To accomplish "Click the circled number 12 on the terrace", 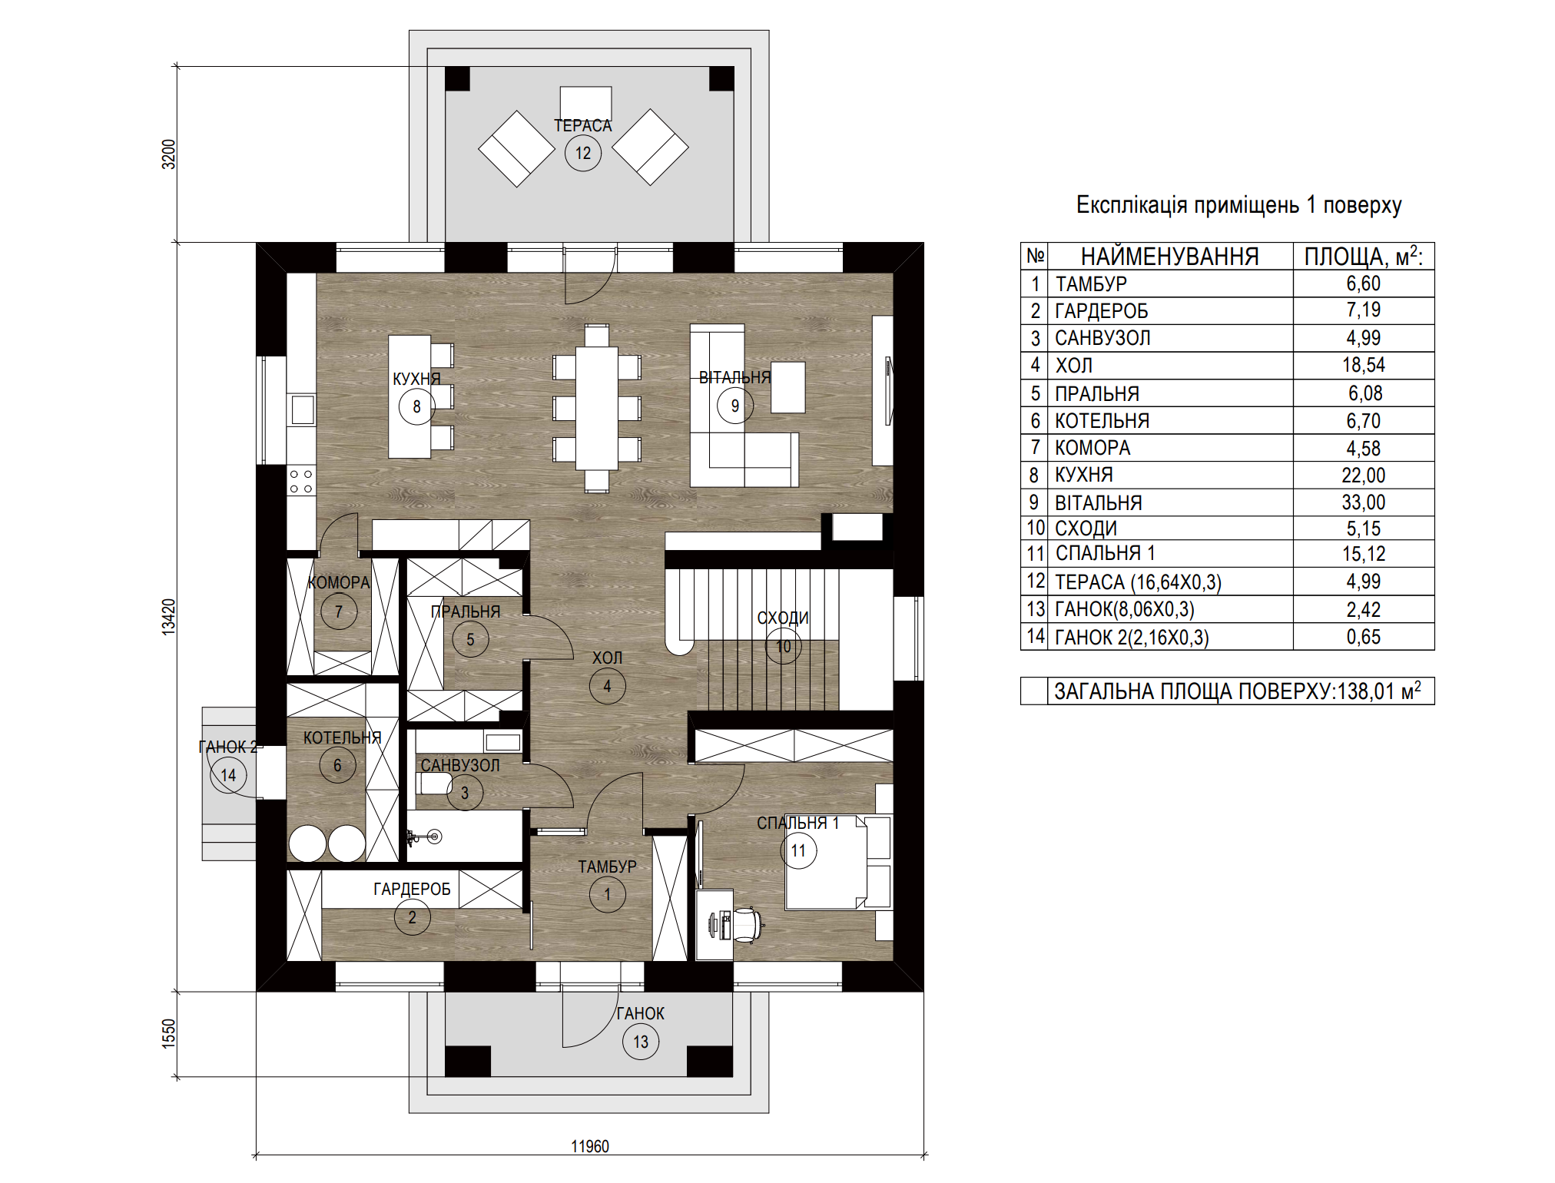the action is click(x=583, y=153).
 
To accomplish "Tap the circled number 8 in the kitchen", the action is click(x=416, y=406).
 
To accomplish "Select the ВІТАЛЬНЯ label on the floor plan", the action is click(x=734, y=378).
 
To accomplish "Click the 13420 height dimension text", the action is click(x=168, y=617).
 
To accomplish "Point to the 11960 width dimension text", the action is click(x=590, y=1146).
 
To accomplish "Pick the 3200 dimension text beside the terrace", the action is click(x=168, y=154).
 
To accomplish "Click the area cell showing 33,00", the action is click(x=1364, y=502).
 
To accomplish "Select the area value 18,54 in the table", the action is click(x=1364, y=365).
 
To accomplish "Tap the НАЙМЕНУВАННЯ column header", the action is click(x=1170, y=257).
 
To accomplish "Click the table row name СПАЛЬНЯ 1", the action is click(x=1105, y=553).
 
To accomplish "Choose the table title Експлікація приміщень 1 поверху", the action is click(x=1238, y=205).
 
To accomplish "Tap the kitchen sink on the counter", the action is click(x=302, y=409).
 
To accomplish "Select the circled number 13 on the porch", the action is click(x=641, y=1042).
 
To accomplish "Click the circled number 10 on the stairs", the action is click(x=784, y=646).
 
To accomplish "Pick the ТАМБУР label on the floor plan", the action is click(x=607, y=867).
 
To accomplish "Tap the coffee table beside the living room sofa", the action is click(x=788, y=387).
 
